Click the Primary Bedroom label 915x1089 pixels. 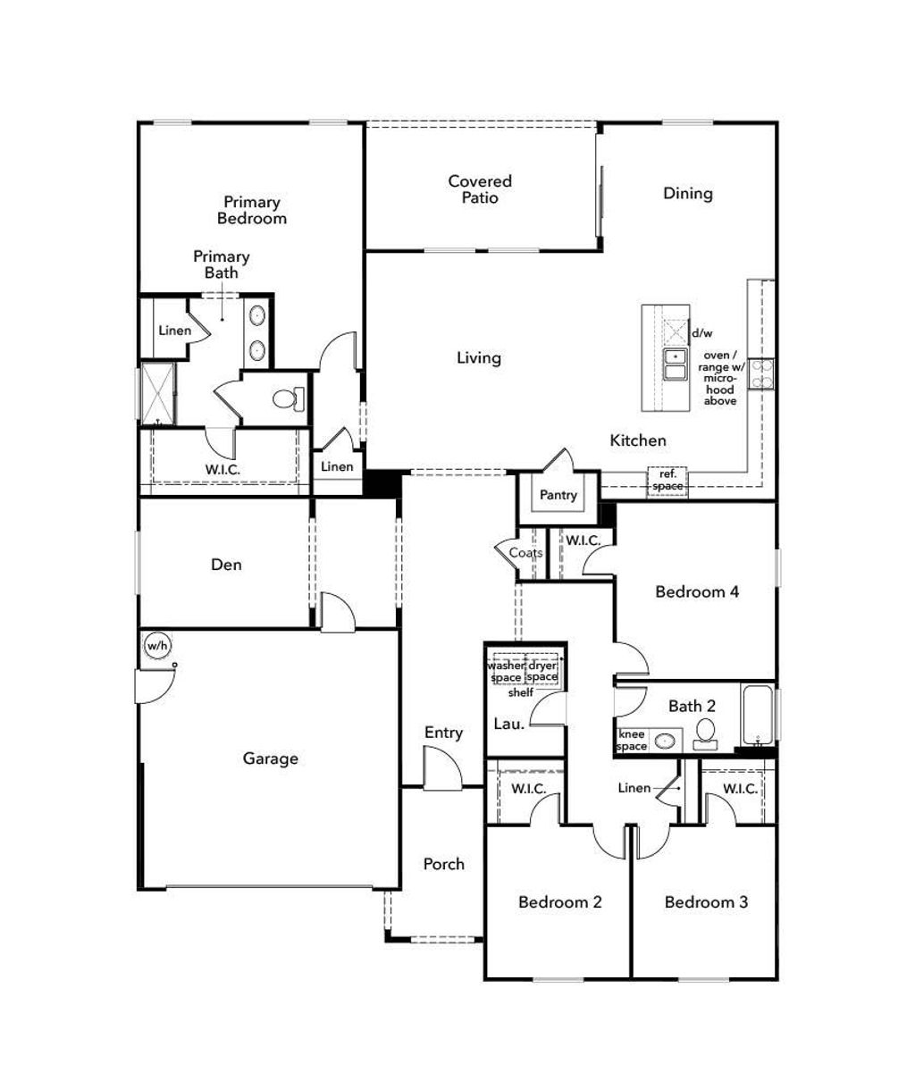click(x=251, y=210)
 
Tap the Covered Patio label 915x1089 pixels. click(x=480, y=189)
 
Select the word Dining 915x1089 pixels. click(x=687, y=193)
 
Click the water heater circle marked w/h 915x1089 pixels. click(x=157, y=645)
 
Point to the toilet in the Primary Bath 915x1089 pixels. click(x=287, y=398)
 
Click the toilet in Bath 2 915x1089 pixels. click(x=705, y=732)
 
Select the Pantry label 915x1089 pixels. click(x=558, y=495)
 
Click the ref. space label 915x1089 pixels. click(x=667, y=480)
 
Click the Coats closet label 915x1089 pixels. click(x=525, y=553)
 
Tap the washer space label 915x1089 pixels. click(x=505, y=671)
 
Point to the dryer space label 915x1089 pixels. click(x=541, y=671)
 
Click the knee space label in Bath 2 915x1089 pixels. click(x=632, y=740)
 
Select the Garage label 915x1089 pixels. click(x=270, y=758)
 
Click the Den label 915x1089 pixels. click(x=226, y=565)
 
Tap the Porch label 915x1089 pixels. click(x=443, y=864)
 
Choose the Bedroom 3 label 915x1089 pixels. click(x=706, y=902)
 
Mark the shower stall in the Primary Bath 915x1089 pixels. click(x=158, y=393)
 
